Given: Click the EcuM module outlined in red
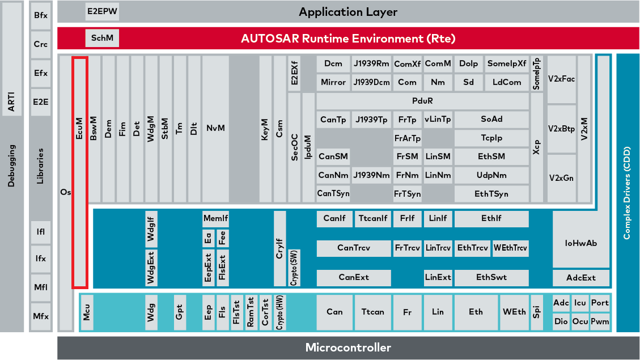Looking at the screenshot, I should click(x=79, y=172).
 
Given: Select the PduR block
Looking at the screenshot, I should click(x=423, y=101).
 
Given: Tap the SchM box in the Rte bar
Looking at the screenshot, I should click(x=102, y=39).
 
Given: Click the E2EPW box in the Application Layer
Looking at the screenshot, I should click(x=102, y=11).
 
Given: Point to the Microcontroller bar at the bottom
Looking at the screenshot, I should click(x=348, y=348).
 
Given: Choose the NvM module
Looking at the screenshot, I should click(x=215, y=129).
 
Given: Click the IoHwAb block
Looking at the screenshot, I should click(x=581, y=243).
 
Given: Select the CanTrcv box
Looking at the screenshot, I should click(x=354, y=248).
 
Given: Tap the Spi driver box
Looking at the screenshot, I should click(x=537, y=312).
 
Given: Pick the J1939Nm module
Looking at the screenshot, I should click(x=371, y=175).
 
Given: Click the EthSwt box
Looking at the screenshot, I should click(x=491, y=277).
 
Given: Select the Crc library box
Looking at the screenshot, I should click(x=40, y=44).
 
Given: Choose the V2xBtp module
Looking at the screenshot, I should click(x=562, y=129).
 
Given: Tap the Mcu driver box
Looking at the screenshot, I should click(x=87, y=312).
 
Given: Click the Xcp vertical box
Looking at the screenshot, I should click(x=537, y=147).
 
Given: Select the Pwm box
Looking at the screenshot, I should click(x=600, y=321).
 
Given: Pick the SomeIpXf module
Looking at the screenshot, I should click(x=507, y=63).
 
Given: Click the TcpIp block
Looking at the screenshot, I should click(x=491, y=138).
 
